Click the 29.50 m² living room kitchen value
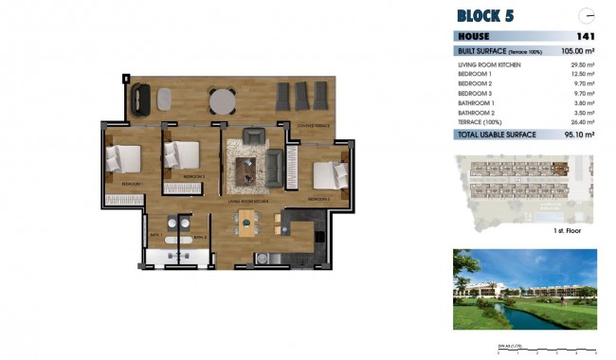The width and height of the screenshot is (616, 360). (x=580, y=63)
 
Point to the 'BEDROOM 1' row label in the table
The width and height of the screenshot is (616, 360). (x=475, y=74)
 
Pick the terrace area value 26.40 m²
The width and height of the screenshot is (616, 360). (x=580, y=123)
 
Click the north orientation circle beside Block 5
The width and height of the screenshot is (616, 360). (x=588, y=14)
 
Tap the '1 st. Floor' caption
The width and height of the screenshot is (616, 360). (x=567, y=230)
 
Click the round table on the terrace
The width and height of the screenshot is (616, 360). (x=223, y=99)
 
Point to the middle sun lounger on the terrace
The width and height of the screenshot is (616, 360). (x=302, y=96)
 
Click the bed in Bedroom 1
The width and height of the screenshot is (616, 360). (x=121, y=158)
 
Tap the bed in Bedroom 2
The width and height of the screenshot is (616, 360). (x=181, y=153)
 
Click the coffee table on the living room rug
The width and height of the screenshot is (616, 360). (x=247, y=170)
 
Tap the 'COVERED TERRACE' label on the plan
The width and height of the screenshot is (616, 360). (x=312, y=125)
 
